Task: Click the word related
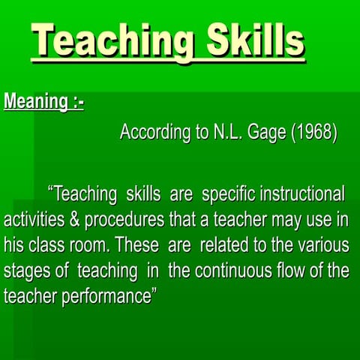[222, 245]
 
